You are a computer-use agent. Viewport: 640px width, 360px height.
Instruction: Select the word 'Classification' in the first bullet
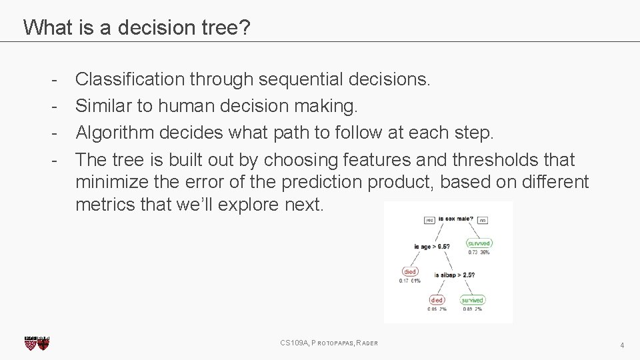[130, 79]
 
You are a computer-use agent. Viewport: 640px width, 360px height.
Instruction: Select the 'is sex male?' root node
[456, 218]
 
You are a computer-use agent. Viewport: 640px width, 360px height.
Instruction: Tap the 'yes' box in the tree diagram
[429, 220]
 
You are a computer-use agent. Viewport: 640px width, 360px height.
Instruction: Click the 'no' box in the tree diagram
[483, 220]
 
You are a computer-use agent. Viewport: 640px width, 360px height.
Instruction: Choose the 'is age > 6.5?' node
[431, 246]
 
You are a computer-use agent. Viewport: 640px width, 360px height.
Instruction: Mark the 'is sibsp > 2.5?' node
[455, 275]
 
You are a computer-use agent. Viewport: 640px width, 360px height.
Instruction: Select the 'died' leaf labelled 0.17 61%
[409, 271]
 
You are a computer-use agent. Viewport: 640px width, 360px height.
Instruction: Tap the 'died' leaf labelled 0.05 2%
[437, 300]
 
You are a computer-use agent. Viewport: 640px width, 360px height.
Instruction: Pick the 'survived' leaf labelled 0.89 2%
[473, 300]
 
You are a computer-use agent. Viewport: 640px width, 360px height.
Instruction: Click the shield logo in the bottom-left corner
[37, 343]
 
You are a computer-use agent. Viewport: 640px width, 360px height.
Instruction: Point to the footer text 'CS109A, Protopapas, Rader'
[329, 343]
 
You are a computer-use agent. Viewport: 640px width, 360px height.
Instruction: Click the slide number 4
[621, 345]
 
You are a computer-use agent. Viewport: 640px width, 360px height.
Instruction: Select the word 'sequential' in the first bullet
[301, 79]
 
